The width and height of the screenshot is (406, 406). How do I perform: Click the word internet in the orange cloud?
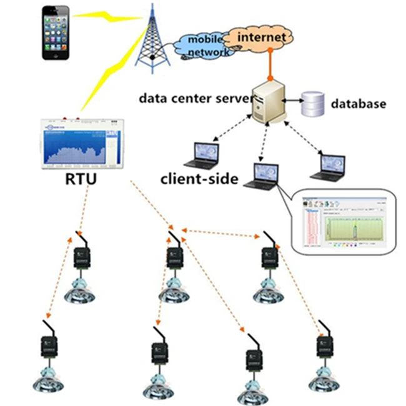click(262, 38)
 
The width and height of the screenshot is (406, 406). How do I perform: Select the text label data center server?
click(195, 98)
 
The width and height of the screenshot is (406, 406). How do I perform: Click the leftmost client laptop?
click(204, 155)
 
